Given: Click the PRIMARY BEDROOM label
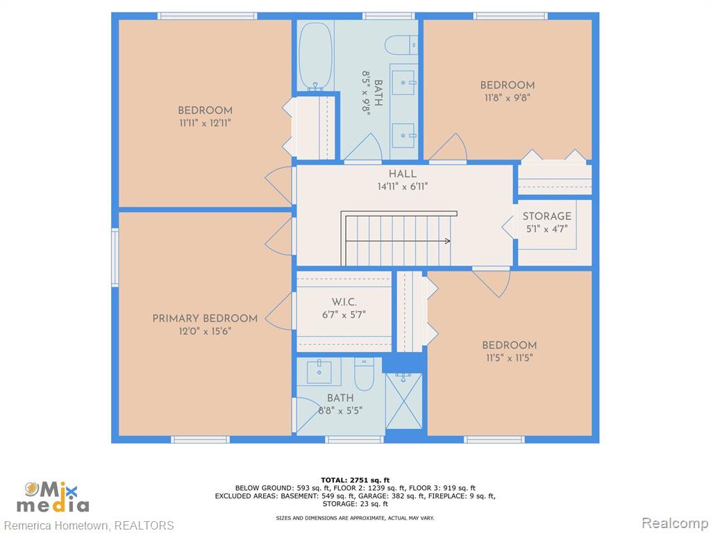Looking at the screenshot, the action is [205, 318].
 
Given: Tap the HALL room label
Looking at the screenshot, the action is [403, 174].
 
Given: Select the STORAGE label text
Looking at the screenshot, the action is [547, 217].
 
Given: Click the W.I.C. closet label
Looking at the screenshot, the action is [344, 302].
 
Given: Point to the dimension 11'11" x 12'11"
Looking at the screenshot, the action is [205, 123].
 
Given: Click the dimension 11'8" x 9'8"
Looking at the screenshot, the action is [508, 97].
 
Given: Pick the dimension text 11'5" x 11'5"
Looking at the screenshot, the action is [509, 357].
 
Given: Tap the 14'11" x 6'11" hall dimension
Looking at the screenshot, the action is [403, 186].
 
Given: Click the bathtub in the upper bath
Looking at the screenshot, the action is [316, 56].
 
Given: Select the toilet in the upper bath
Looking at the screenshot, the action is [401, 45].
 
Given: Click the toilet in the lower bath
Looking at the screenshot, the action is [364, 374].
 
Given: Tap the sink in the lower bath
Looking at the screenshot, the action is [319, 372].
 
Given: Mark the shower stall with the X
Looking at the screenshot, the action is [404, 400].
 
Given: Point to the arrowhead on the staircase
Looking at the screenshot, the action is [448, 241].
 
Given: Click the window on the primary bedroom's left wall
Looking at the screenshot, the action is [115, 257].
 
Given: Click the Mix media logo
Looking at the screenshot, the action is [53, 497].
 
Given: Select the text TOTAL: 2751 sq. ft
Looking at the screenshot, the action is [355, 480].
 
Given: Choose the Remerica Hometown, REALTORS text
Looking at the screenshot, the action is [89, 525].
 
